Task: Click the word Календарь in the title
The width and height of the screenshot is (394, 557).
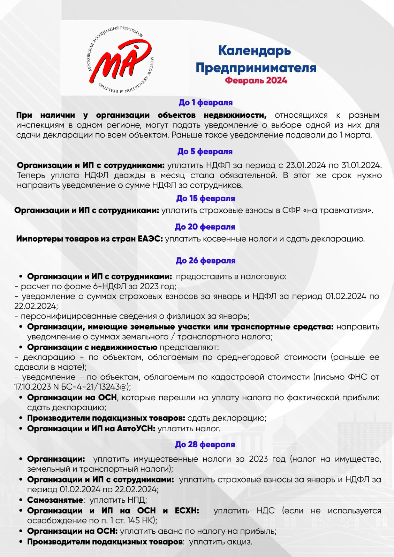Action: (255, 51)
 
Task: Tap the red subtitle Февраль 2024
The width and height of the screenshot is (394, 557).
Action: (256, 80)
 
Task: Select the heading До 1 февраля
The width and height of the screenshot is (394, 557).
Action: (205, 103)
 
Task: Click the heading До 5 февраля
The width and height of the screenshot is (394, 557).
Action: (205, 151)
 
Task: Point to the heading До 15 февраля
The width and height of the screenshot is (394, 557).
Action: (205, 198)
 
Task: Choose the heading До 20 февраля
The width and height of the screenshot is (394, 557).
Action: (205, 227)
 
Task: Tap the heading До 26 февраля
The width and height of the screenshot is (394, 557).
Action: (205, 261)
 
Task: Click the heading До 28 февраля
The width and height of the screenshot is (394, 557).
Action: (205, 445)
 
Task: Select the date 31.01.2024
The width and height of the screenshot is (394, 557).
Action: (361, 165)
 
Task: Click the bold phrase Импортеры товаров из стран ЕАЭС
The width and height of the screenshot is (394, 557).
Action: (89, 239)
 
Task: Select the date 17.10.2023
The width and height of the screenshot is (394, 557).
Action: (31, 387)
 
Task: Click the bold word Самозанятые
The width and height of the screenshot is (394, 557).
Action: (55, 500)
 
